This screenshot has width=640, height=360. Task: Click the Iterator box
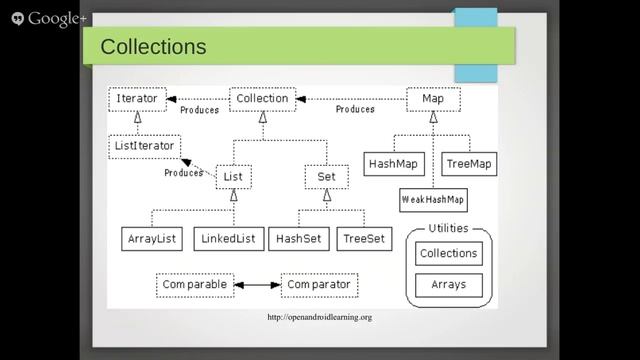[136, 99]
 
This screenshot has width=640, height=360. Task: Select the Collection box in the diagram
[263, 99]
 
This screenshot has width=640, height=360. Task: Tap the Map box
[433, 99]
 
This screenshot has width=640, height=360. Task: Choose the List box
[233, 177]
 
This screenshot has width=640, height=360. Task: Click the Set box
[326, 177]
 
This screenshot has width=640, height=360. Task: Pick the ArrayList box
[150, 239]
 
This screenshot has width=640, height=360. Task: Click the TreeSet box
[364, 239]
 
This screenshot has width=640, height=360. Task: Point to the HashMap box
[394, 163]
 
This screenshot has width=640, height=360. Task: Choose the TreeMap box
[468, 163]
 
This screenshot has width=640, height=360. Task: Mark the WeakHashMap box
[433, 199]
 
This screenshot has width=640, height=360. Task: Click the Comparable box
[194, 285]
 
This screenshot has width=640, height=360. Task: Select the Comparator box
[318, 285]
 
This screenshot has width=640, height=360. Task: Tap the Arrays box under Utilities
[448, 286]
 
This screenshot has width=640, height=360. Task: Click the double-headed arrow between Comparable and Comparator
[257, 285]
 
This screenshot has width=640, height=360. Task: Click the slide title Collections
[154, 47]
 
